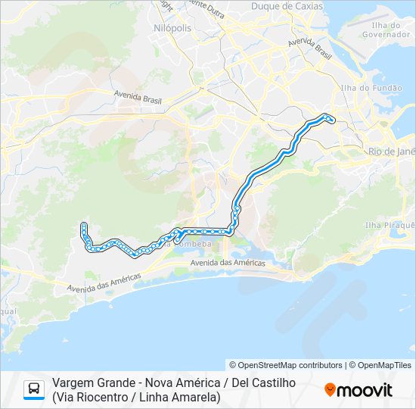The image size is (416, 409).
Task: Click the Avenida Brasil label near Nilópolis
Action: coord(138,96)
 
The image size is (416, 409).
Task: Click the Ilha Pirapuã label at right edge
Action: coord(390,225)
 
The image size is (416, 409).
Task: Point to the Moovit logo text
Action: coord(365,390)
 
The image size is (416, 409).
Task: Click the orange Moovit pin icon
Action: coord(331,390)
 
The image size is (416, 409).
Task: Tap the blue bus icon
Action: coord(34,389)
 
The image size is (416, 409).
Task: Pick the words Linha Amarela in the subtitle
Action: coord(182,396)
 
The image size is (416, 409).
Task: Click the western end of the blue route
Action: coord(83,225)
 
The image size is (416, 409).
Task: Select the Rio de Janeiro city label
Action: coord(392,151)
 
